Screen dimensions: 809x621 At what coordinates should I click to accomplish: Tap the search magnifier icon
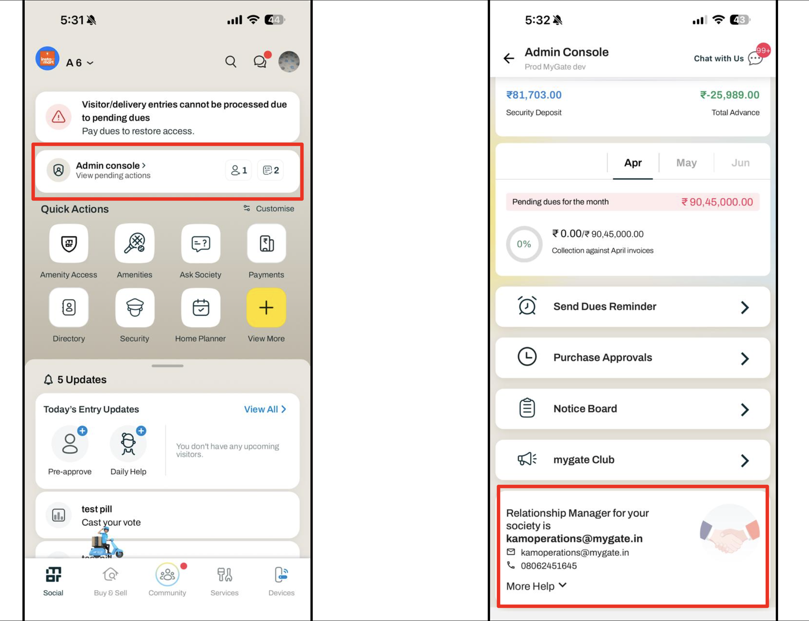231,61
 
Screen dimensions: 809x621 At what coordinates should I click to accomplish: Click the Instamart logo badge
47,58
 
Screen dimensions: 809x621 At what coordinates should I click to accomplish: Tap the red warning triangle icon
58,117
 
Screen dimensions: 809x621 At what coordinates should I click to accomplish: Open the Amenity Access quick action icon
69,243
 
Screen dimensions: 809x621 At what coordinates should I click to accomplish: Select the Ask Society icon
201,243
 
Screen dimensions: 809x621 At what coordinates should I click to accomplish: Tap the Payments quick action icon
266,243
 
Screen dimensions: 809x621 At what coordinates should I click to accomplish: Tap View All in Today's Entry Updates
265,409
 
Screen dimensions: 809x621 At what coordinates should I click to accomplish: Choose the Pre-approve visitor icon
70,443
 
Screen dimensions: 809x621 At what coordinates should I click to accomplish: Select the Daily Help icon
128,443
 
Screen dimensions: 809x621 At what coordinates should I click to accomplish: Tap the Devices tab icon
282,575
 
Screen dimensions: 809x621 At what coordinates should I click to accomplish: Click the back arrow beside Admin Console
509,58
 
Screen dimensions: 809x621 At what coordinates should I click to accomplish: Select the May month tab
686,163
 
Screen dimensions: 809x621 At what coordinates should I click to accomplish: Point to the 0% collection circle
524,244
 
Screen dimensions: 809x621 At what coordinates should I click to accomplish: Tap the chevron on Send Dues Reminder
745,307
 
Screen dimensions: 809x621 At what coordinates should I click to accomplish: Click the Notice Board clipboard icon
527,408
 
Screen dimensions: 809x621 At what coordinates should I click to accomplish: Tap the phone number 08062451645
548,566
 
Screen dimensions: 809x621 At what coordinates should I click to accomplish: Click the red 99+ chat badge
763,51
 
